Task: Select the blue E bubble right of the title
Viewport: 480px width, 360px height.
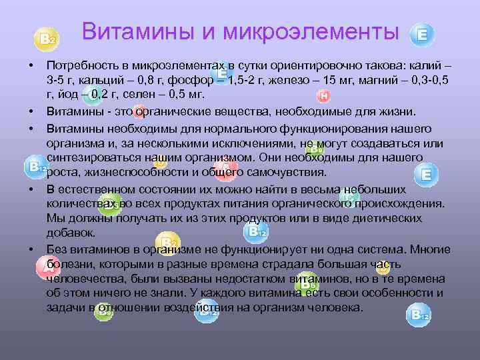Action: (421, 35)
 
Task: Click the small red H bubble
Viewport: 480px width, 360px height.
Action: (323, 97)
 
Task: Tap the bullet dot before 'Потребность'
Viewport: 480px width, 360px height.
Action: (31, 68)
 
